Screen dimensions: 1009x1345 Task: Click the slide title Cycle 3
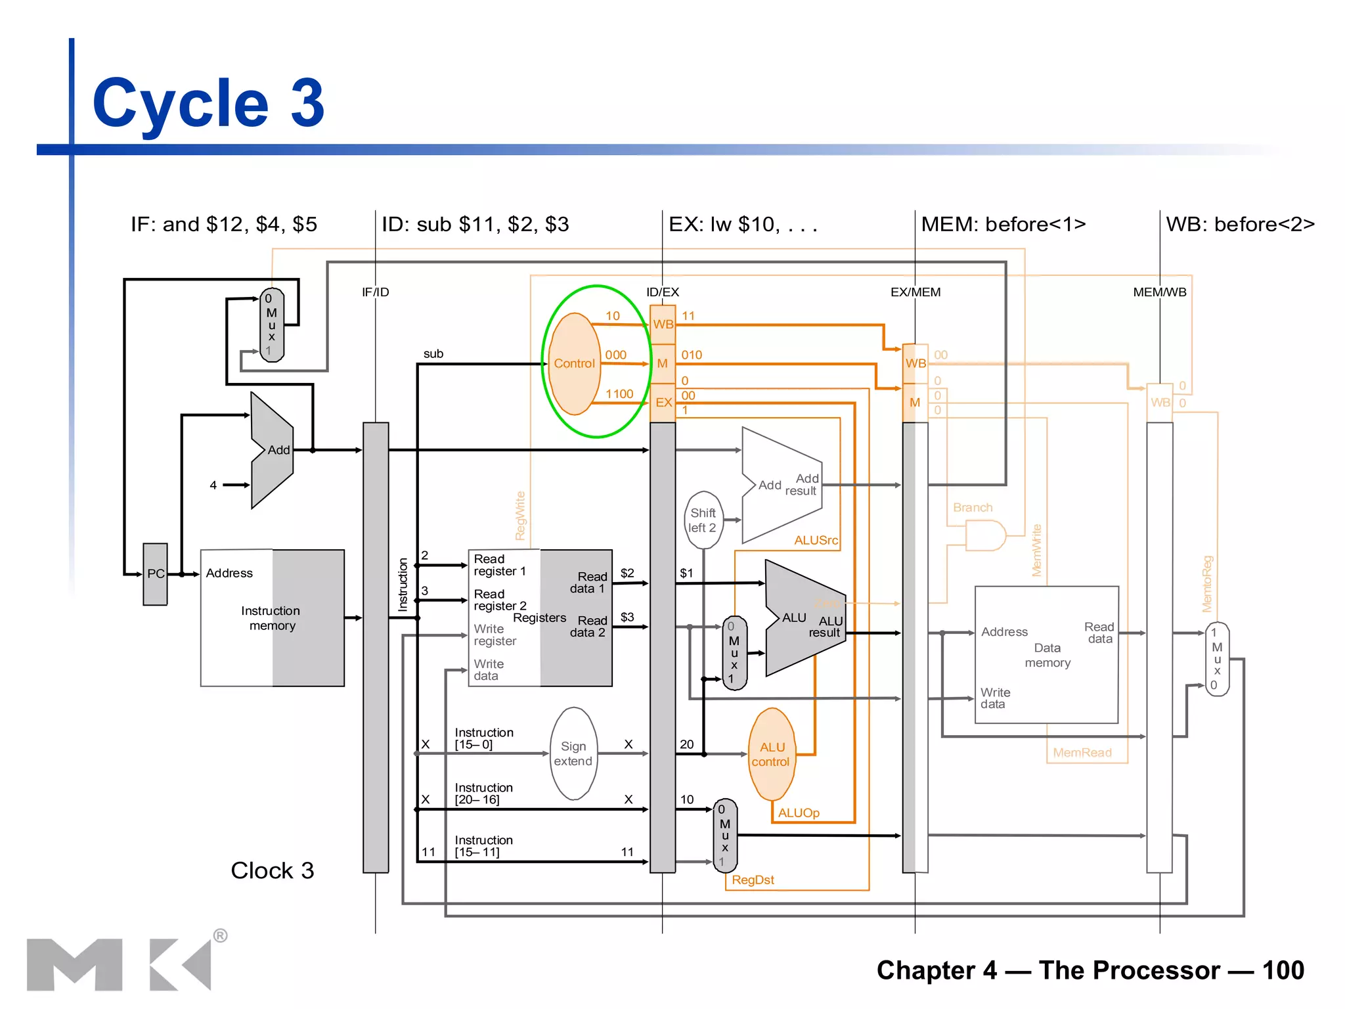click(208, 103)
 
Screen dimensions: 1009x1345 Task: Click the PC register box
click(156, 573)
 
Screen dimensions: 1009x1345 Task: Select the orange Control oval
click(574, 363)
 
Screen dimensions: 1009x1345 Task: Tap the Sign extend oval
click(573, 753)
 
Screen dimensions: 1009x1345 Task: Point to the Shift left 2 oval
click(703, 520)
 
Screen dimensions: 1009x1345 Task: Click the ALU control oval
click(772, 754)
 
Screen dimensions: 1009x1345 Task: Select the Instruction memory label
click(271, 617)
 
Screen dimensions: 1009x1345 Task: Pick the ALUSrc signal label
click(816, 540)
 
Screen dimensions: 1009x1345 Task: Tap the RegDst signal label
click(753, 880)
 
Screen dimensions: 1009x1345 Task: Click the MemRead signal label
click(1082, 752)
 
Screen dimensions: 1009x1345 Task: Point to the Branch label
click(973, 507)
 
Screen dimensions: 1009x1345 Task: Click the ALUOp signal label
click(799, 813)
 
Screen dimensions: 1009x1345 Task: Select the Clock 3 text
click(272, 870)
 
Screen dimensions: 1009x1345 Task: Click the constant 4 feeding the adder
click(213, 485)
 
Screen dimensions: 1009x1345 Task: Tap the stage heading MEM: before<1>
click(1003, 224)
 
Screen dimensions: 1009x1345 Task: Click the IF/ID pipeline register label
click(375, 292)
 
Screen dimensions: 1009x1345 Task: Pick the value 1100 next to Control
click(619, 393)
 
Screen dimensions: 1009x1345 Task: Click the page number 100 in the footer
click(1283, 970)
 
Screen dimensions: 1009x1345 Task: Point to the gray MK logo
click(118, 964)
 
